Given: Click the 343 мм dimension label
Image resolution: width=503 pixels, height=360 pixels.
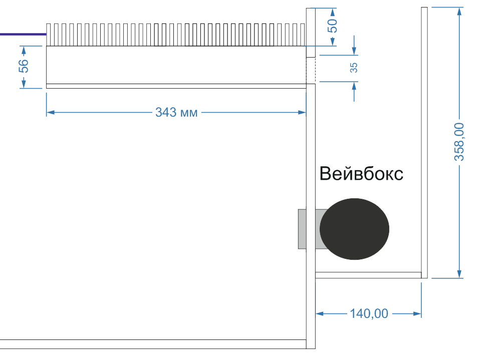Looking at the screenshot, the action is pos(176,113).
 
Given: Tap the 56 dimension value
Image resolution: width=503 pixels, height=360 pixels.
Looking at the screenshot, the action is pos(24,66).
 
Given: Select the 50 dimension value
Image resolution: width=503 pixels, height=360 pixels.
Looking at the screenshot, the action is pos(332,26).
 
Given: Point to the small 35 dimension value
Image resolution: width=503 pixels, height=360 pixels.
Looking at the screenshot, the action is pos(354,67).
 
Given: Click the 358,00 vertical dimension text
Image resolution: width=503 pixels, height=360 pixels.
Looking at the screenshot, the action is pos(459,142).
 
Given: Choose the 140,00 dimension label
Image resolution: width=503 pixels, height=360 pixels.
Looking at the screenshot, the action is pos(369,313).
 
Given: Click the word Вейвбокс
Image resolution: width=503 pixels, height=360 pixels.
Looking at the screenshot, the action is pos(361,174).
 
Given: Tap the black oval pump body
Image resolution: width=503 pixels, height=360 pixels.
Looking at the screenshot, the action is pos(354,229).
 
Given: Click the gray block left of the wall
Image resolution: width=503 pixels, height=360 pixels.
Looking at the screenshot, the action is pos(302,229).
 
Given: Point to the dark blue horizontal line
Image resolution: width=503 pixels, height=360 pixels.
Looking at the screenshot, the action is pos(23,34).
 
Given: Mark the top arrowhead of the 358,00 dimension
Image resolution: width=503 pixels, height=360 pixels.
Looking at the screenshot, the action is pos(459,12).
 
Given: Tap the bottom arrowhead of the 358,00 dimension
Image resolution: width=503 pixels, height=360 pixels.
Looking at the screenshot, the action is pos(459,274).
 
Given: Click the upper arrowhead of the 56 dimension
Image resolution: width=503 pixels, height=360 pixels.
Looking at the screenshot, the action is pos(24,50).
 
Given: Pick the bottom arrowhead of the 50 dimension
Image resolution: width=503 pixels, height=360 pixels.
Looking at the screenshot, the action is pos(332,42).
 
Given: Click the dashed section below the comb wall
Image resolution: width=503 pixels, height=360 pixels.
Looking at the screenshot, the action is pos(311,71).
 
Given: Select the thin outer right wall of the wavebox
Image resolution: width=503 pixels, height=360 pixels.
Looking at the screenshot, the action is pos(424,143).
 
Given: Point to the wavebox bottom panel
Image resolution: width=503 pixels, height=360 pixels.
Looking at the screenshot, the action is pos(368,275).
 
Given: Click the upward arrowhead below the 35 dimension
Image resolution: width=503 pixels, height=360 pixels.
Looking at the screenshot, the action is pos(354,86).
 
